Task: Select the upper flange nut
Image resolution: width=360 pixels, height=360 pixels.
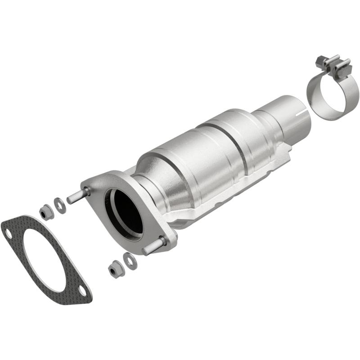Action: point(46,211)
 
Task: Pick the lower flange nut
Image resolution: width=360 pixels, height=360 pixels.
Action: point(115,270)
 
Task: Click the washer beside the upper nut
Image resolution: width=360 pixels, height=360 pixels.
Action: point(59,205)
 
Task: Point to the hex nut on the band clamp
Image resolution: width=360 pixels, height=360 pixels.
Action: point(322,61)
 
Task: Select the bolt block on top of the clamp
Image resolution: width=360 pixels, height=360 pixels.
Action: point(335,65)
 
